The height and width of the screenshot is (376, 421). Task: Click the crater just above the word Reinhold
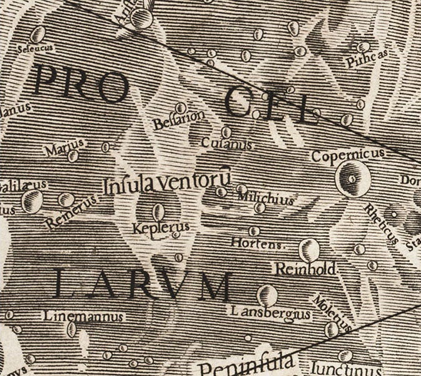tap(306, 250)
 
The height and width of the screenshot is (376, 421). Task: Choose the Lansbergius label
tap(263, 311)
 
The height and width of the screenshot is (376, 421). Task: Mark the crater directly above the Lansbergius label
tap(267, 293)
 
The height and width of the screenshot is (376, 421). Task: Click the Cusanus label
tap(226, 144)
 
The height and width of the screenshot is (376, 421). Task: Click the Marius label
tap(64, 150)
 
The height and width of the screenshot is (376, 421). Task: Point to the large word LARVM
tap(143, 285)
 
